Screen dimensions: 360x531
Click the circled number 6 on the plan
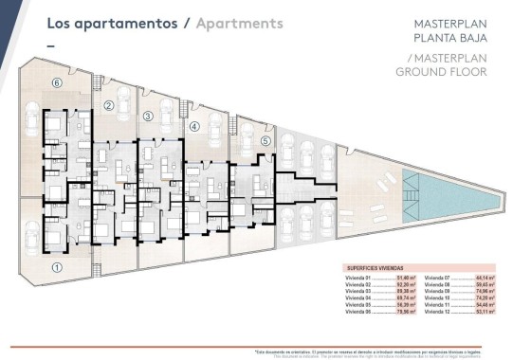pos(57,83)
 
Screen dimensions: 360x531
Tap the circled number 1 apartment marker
pos(57,267)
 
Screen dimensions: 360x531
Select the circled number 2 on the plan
pos(109,105)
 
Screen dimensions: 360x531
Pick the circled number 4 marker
pos(194,126)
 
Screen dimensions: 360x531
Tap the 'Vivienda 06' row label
pos(356,310)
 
